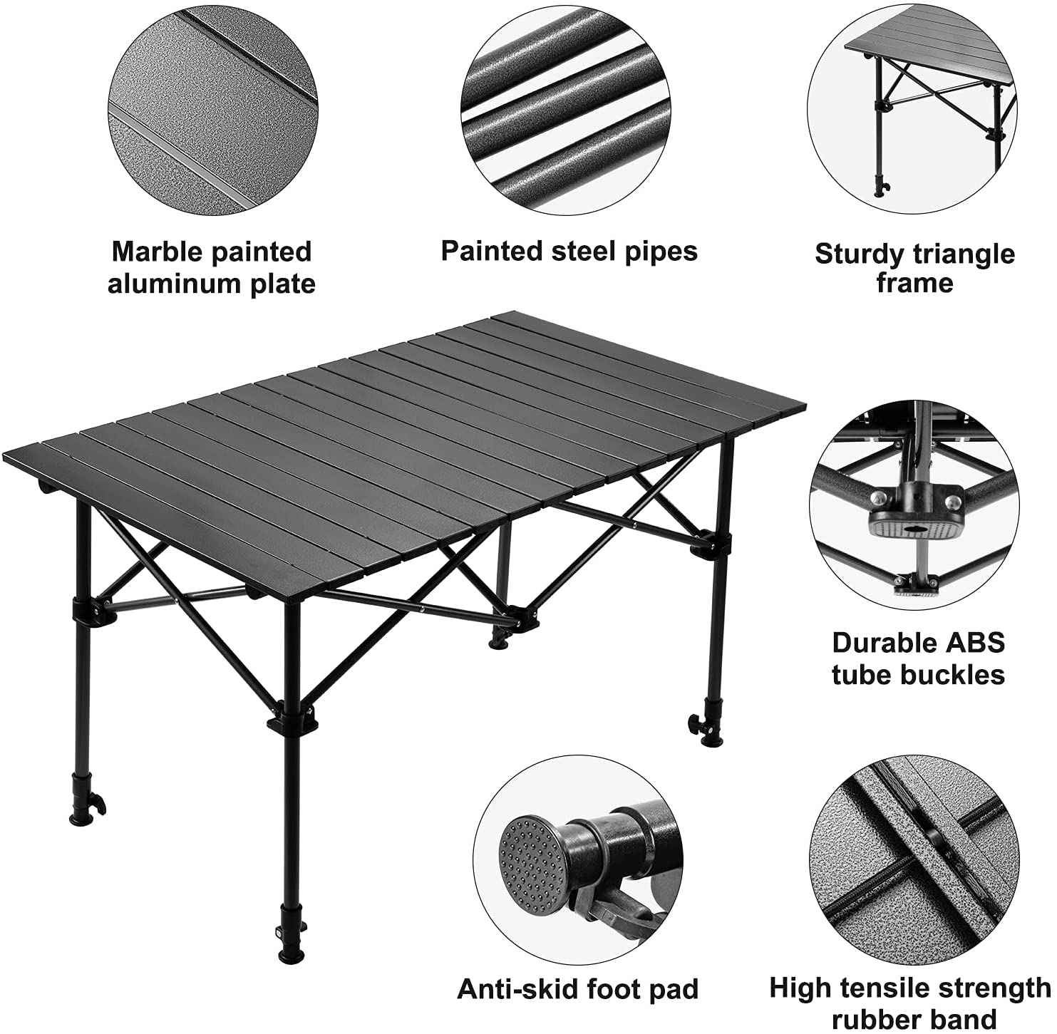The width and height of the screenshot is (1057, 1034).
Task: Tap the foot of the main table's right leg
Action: click(711, 739)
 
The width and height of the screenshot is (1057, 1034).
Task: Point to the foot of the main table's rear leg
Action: click(497, 642)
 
